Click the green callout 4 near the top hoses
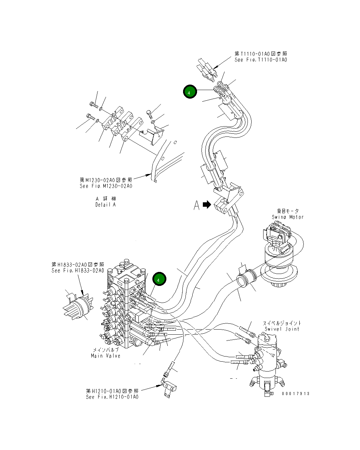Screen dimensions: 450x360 click(190, 91)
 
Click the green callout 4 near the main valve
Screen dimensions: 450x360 click(159, 279)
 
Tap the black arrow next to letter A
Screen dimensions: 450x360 click(207, 205)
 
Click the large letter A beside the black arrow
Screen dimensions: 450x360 click(196, 205)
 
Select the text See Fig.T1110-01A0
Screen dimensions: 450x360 click(261, 60)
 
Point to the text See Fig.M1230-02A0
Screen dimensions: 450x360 click(106, 186)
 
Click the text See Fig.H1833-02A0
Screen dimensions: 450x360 click(78, 271)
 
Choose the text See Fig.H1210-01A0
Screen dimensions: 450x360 click(112, 397)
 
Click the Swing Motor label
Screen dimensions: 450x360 click(287, 217)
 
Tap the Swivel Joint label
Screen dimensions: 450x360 click(282, 329)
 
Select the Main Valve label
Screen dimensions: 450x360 click(105, 356)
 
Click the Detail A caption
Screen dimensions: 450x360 click(105, 205)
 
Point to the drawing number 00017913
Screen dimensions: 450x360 click(296, 393)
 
